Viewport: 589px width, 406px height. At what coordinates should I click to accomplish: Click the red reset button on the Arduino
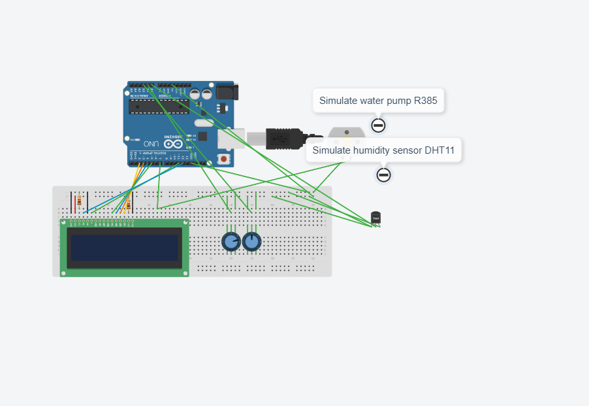coord(224,159)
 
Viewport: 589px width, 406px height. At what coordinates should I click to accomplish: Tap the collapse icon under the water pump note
coord(378,125)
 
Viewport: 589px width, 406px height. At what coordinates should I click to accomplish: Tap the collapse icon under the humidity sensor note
coord(384,175)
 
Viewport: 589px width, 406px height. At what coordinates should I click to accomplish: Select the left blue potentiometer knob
coord(231,242)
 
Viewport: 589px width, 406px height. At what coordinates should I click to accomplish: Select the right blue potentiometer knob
coord(251,242)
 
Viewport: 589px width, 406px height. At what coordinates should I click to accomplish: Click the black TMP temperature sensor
coord(375,218)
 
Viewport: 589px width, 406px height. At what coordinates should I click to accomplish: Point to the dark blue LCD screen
coord(124,248)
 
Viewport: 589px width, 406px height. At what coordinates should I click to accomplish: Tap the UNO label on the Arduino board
coord(151,144)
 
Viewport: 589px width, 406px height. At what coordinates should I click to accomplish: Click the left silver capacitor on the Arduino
coord(196,94)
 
